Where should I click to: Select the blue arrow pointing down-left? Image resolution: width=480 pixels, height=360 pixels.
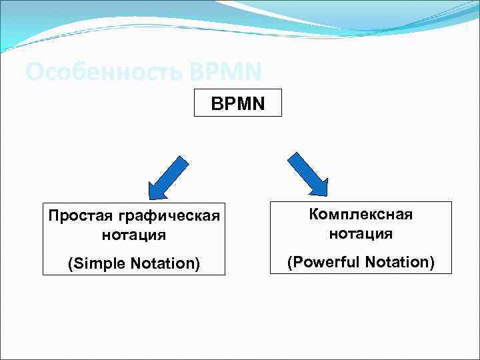click(166, 177)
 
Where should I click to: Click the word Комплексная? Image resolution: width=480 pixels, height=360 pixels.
click(361, 215)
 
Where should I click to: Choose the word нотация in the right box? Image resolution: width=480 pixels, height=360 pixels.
click(361, 233)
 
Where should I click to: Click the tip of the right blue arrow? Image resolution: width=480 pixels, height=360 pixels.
click(326, 195)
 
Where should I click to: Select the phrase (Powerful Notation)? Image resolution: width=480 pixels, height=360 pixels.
click(361, 263)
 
